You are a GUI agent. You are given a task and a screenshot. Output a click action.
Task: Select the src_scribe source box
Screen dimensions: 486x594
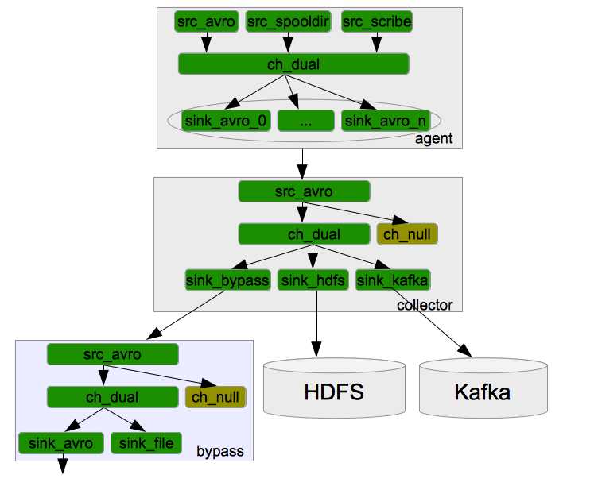[x=377, y=21]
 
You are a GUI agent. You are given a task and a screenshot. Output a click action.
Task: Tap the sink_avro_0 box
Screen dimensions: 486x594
[x=227, y=121]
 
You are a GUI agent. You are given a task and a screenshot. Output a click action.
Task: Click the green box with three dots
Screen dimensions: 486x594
[x=306, y=121]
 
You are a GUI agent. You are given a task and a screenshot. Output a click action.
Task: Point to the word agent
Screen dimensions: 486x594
[x=433, y=139]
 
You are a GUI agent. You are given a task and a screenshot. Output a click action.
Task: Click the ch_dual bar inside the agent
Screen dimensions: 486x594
[x=293, y=64]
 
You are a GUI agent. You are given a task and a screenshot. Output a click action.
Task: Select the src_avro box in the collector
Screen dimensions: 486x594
[x=304, y=191]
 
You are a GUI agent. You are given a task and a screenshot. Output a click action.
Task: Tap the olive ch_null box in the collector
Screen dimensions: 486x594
[x=409, y=234]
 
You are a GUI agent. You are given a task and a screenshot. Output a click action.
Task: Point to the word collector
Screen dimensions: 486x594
[x=425, y=305]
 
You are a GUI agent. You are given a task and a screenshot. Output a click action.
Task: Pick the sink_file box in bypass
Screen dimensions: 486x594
[x=146, y=442]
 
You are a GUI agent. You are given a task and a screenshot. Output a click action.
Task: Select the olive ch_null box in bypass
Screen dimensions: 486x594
[x=215, y=396]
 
